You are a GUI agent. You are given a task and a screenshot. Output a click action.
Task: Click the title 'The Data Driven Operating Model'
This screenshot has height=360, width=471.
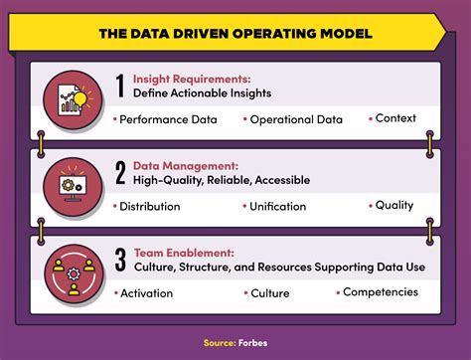point(235,34)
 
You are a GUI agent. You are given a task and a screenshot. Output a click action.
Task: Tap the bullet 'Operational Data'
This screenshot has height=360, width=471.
point(295,119)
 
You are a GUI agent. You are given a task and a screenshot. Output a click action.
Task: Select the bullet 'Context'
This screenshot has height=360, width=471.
point(395,118)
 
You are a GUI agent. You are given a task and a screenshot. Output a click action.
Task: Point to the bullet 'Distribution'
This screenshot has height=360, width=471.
point(149,207)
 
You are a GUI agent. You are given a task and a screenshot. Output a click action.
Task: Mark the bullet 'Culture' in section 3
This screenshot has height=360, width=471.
point(269,293)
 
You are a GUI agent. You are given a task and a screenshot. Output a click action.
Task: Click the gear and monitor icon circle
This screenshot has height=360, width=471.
point(73,185)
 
